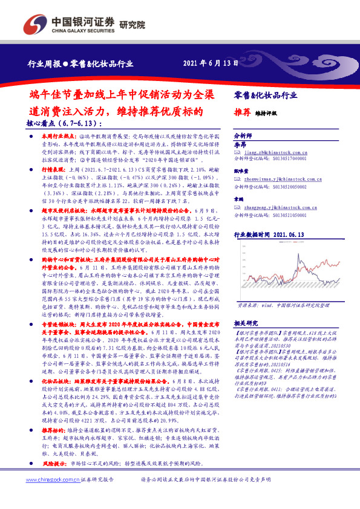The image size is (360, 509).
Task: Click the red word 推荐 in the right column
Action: point(242,112)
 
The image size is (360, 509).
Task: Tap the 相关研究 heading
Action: point(247,324)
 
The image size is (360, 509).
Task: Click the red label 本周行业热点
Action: point(58,137)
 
